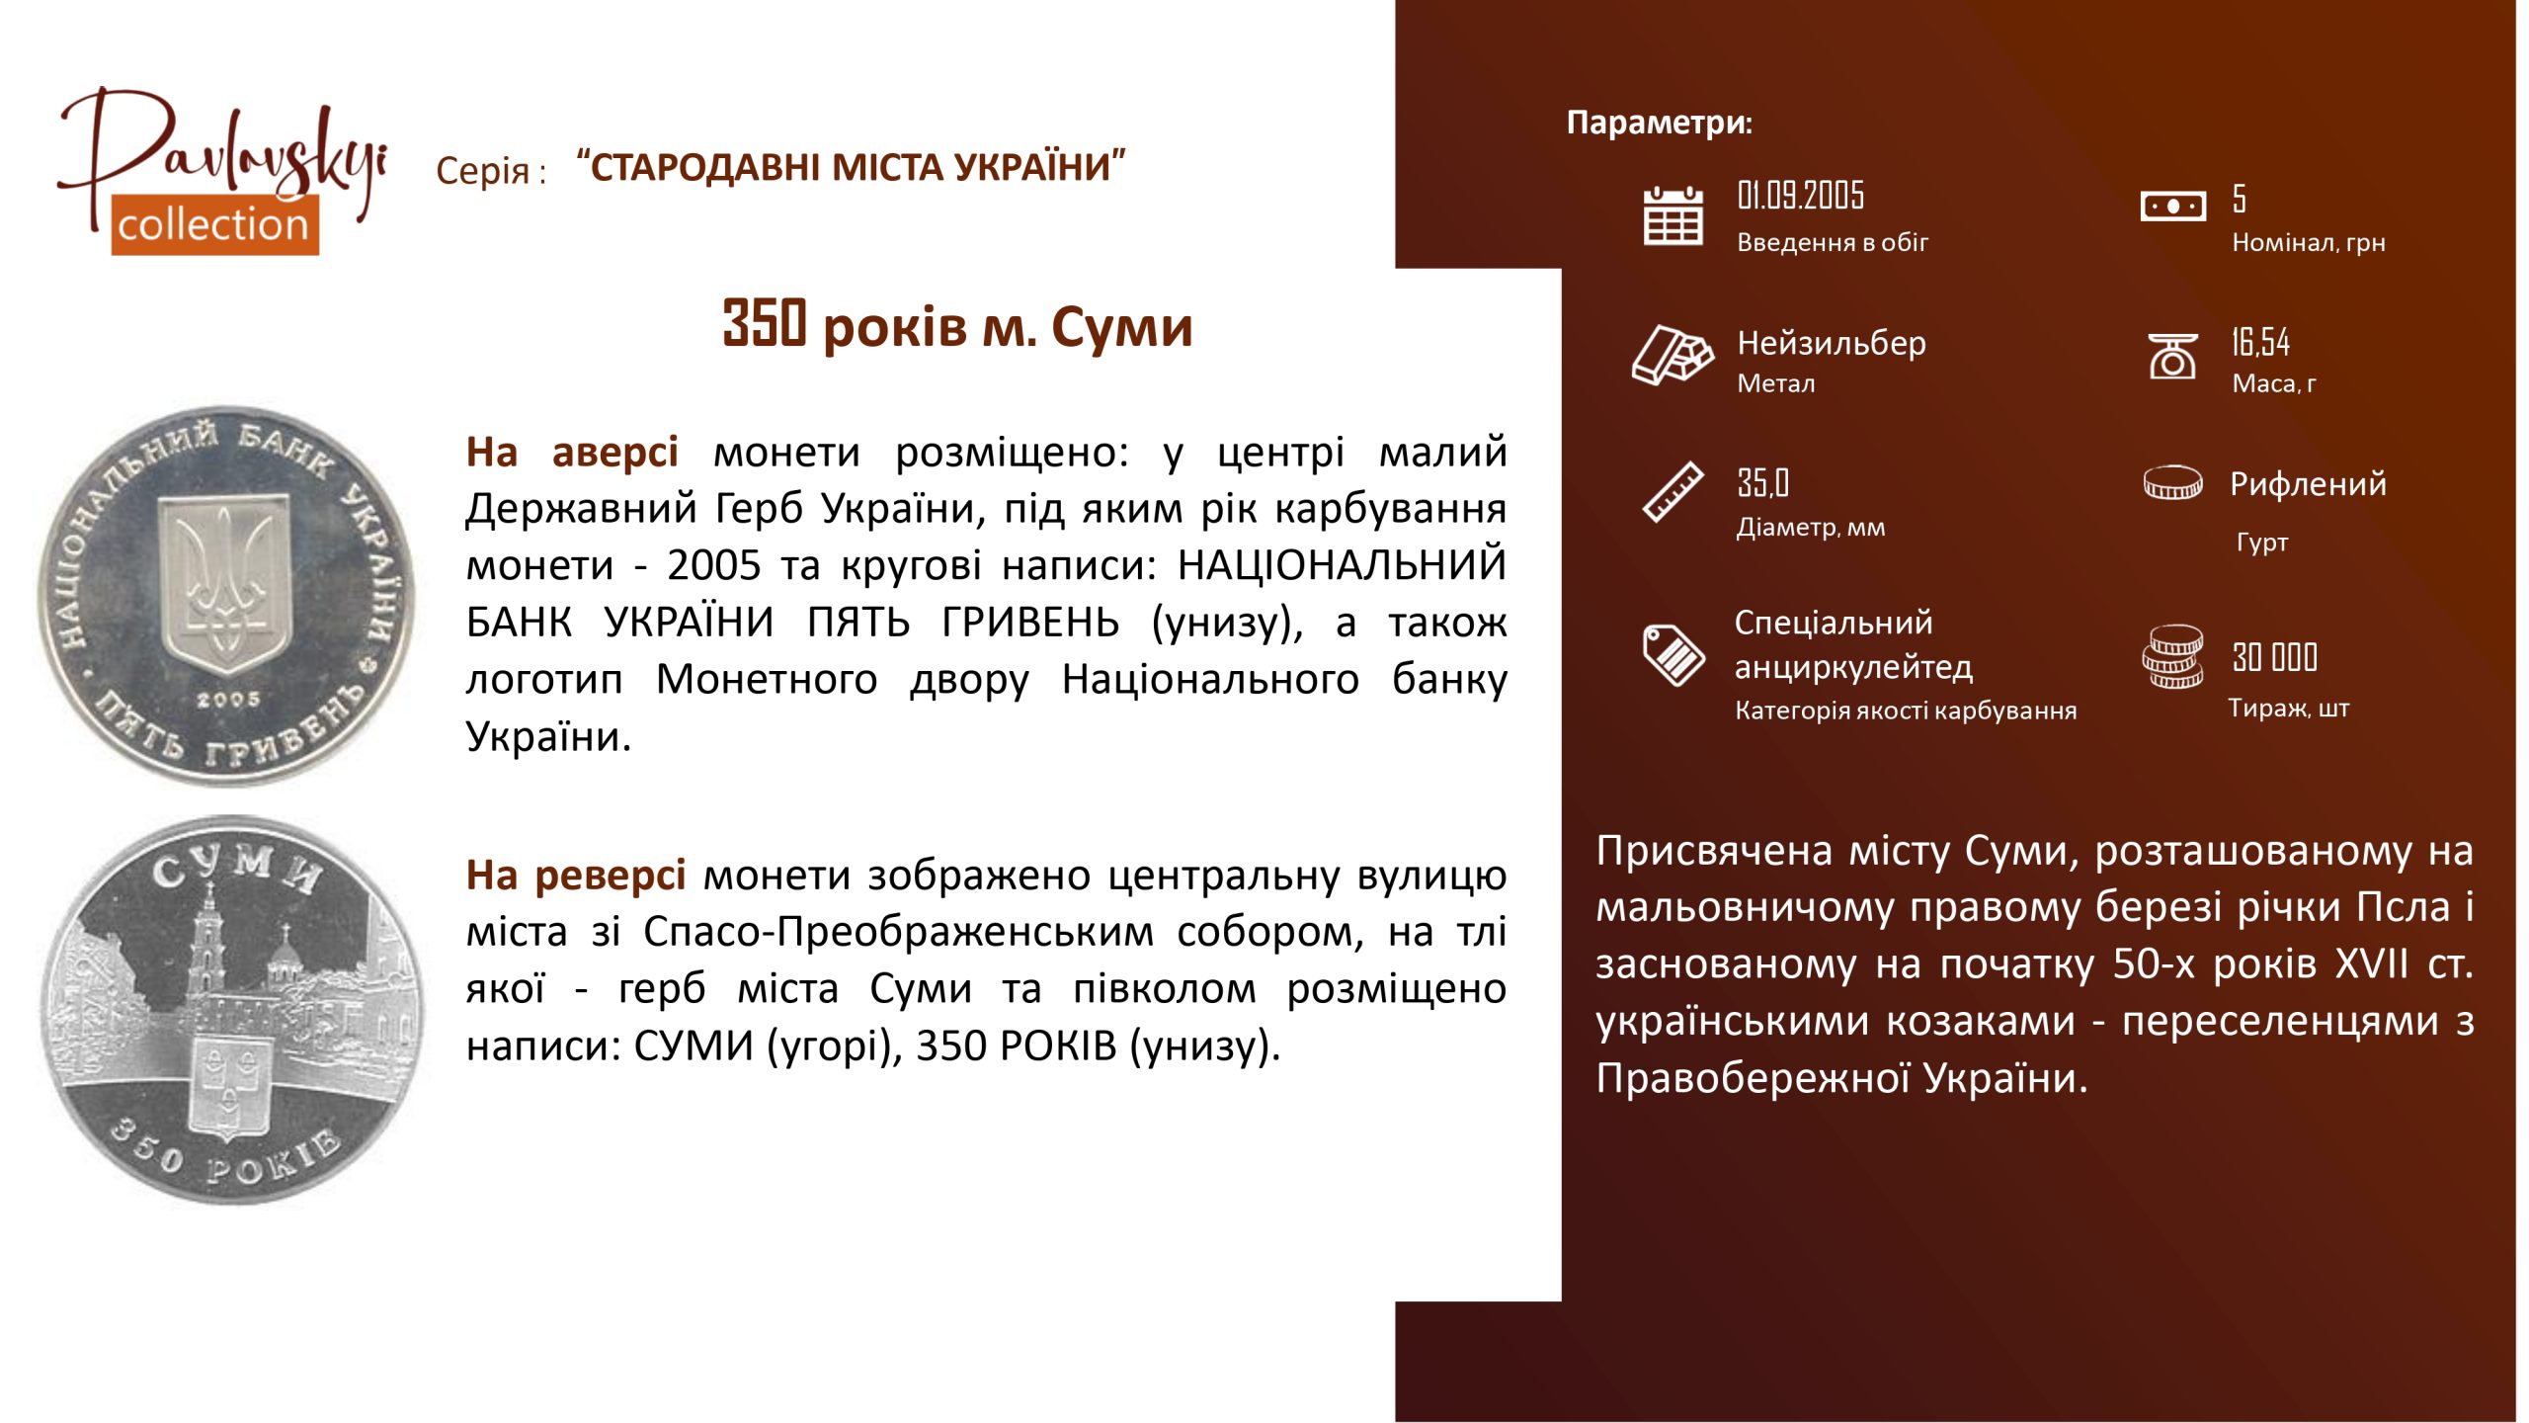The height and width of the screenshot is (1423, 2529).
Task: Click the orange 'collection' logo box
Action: [214, 224]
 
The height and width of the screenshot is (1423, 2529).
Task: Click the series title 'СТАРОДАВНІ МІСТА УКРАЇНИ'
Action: [851, 166]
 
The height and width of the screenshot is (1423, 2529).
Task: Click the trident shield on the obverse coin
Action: [226, 583]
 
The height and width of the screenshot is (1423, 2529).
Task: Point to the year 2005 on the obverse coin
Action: [228, 700]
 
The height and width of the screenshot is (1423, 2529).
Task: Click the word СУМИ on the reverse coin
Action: [238, 869]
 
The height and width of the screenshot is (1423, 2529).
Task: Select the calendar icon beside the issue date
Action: [1672, 215]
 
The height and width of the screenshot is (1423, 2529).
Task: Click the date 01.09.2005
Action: [1800, 196]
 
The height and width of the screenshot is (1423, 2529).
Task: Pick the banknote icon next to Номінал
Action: [2172, 207]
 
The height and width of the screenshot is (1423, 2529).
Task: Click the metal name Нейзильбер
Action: [1832, 342]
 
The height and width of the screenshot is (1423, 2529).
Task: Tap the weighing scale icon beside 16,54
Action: [2172, 356]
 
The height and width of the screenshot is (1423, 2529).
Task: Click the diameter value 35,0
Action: [1762, 483]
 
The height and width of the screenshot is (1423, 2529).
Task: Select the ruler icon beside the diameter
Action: [1672, 491]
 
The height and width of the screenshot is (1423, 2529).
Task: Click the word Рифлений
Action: [2308, 484]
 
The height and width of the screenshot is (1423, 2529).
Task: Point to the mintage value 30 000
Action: [2274, 657]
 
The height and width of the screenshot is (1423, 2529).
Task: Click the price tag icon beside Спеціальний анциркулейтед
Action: [1673, 654]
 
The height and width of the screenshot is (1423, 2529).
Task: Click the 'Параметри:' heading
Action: [1660, 123]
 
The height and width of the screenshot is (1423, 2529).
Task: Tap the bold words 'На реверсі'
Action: [575, 876]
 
